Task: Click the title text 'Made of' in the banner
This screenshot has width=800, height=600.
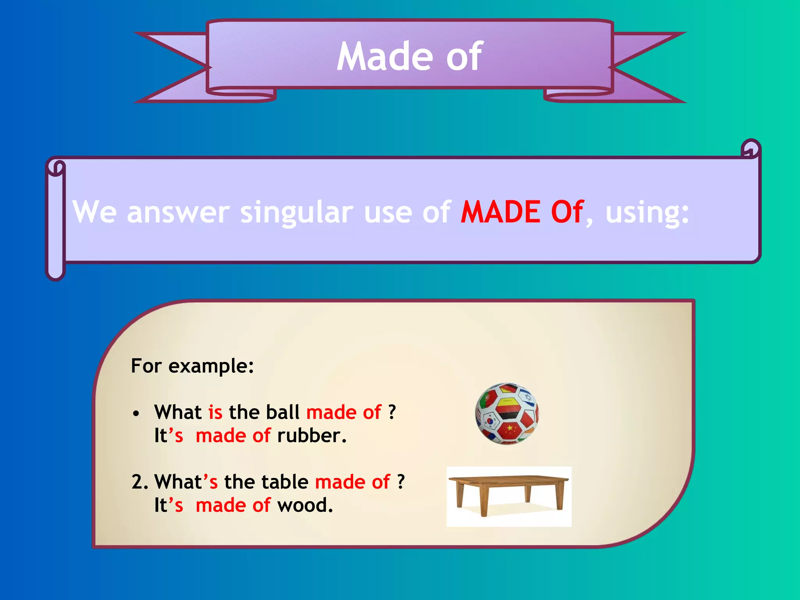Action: pyautogui.click(x=410, y=57)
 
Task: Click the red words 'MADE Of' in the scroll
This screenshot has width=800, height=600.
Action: pyautogui.click(x=522, y=212)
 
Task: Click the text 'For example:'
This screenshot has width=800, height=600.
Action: pyautogui.click(x=192, y=366)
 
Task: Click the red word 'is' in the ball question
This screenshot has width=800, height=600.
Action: pyautogui.click(x=215, y=412)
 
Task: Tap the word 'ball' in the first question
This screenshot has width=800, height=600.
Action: pyautogui.click(x=282, y=412)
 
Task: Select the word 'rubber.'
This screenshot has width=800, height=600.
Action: pyautogui.click(x=312, y=436)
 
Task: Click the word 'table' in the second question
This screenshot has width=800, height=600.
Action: pyautogui.click(x=285, y=482)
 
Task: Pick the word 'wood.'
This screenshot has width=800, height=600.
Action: pyautogui.click(x=305, y=505)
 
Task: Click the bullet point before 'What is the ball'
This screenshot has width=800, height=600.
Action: pyautogui.click(x=136, y=414)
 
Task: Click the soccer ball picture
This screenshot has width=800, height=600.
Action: pyautogui.click(x=507, y=413)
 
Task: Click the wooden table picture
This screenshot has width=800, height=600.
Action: pyautogui.click(x=509, y=495)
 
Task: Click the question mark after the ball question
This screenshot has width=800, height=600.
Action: pyautogui.click(x=392, y=412)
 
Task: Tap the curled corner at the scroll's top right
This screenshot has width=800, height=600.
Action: pyautogui.click(x=750, y=149)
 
